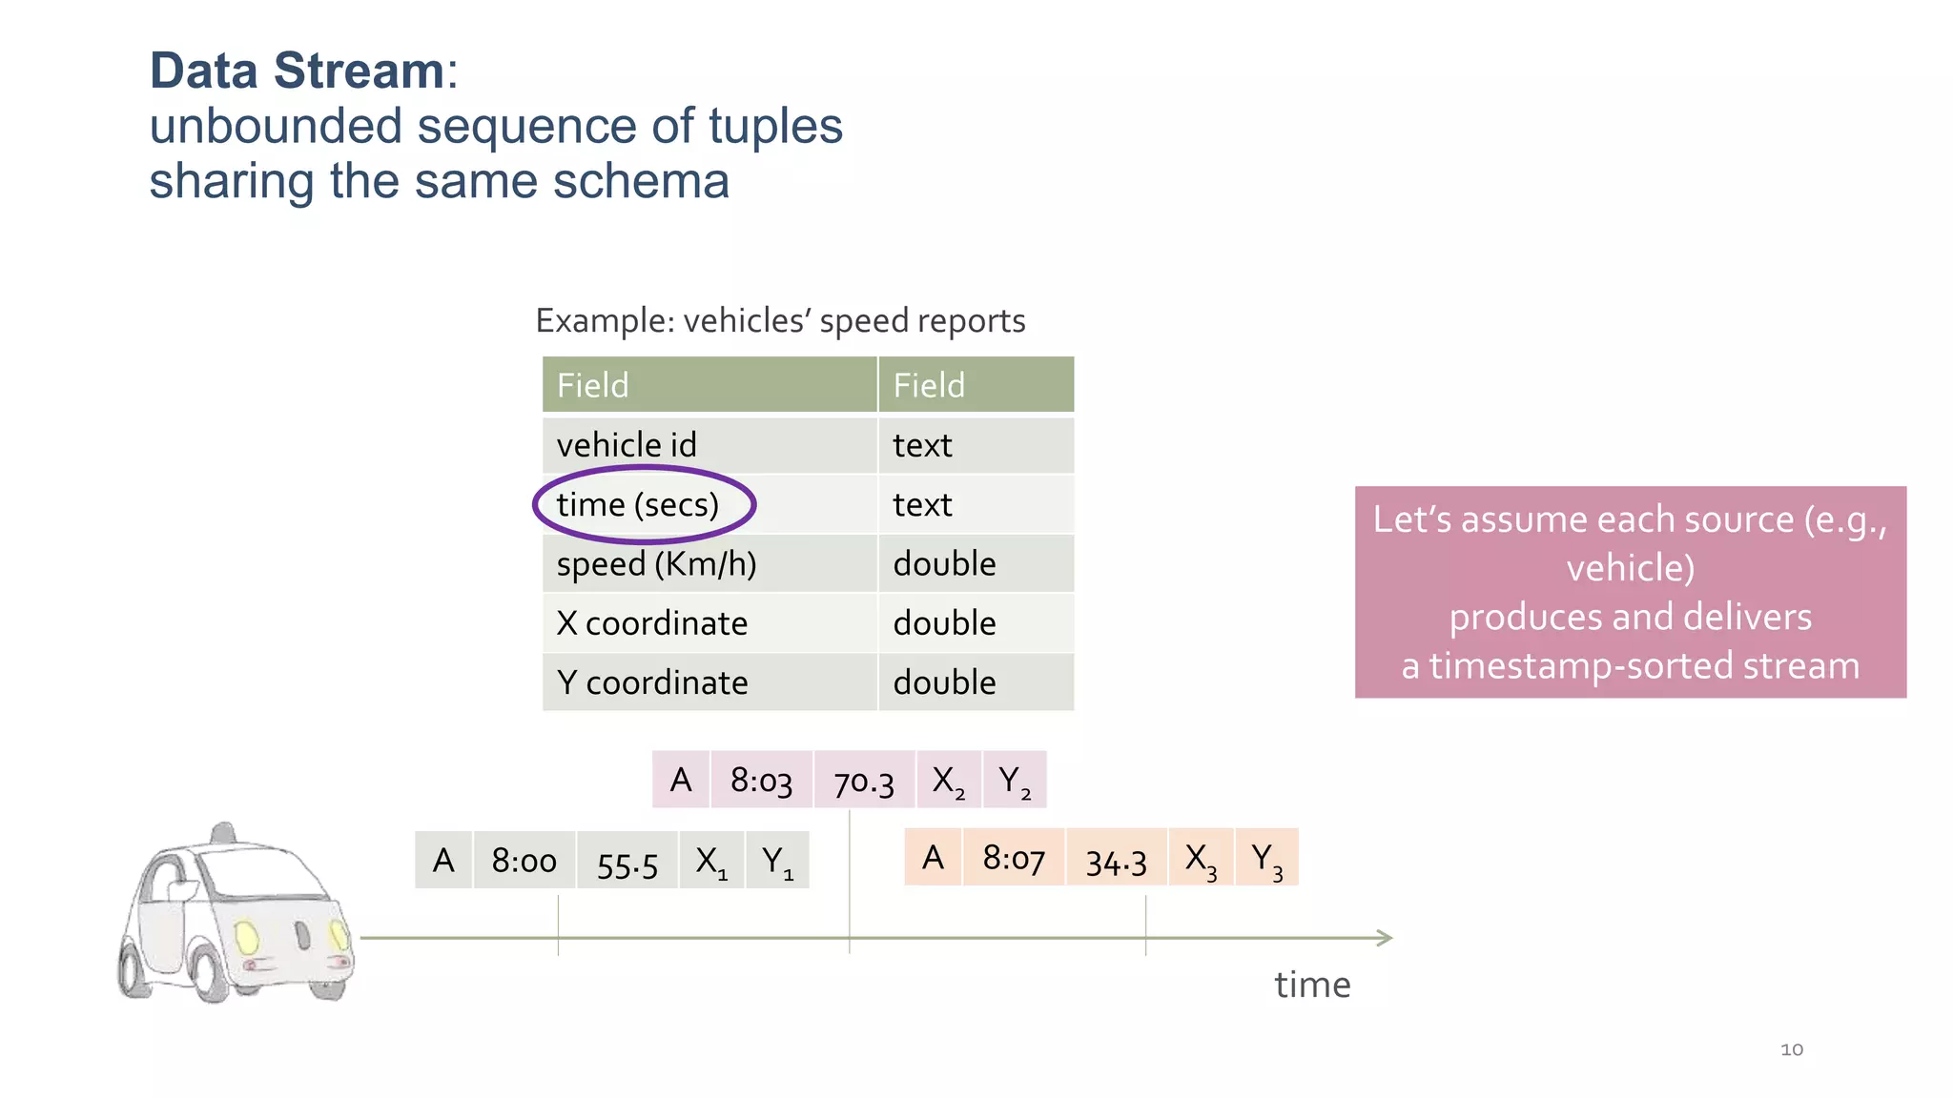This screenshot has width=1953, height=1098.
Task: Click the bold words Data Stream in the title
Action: (x=297, y=71)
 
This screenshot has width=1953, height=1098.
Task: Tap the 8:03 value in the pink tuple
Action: (x=761, y=781)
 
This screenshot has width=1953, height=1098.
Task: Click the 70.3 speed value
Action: (x=864, y=783)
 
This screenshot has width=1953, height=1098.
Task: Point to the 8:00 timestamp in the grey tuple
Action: (x=524, y=861)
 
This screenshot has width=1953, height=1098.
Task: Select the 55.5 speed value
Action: (x=627, y=864)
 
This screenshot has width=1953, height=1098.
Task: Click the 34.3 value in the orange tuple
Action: (x=1116, y=861)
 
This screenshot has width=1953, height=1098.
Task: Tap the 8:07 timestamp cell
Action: (x=1014, y=859)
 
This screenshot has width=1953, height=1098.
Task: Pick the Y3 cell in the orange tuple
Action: (x=1266, y=859)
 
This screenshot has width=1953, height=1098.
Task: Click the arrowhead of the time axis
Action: (x=1386, y=938)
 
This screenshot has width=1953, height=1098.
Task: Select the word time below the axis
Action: (x=1312, y=985)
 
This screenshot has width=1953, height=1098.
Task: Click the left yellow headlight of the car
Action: (x=247, y=937)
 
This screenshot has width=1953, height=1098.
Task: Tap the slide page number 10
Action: (x=1792, y=1049)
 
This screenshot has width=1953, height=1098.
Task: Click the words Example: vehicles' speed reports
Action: (x=780, y=321)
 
